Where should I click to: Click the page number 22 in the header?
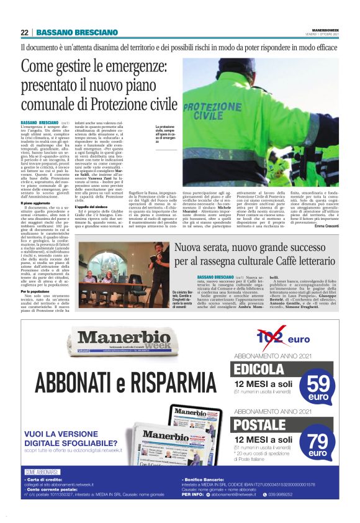click(x=24, y=32)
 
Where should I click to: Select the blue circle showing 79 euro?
click(x=319, y=442)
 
